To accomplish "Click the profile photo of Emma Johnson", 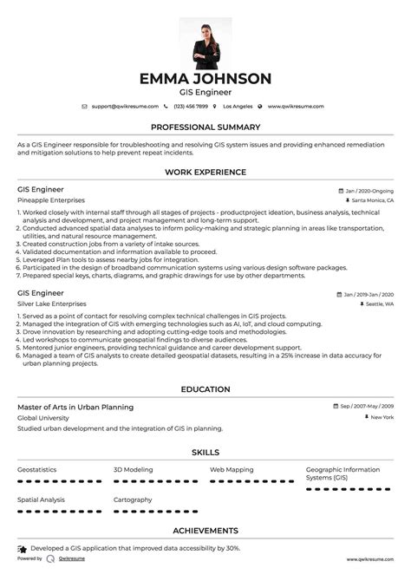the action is tap(205, 41).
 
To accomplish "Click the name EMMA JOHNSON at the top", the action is tap(205, 79).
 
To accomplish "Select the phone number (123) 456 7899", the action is tap(190, 106).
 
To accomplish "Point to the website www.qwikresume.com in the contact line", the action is tap(295, 106).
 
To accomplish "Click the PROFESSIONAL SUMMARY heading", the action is tap(205, 127).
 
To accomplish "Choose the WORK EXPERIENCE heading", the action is tap(205, 173).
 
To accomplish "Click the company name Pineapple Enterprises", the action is tap(51, 200).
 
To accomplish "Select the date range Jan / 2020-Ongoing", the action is tap(369, 190).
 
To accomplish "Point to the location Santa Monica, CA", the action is tap(371, 200).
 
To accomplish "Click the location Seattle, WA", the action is tap(378, 304).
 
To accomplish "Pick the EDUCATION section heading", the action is tap(205, 389).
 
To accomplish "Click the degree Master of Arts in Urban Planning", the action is tap(75, 407).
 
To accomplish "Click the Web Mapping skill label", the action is tap(232, 469).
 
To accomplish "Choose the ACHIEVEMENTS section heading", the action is tap(205, 530).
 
